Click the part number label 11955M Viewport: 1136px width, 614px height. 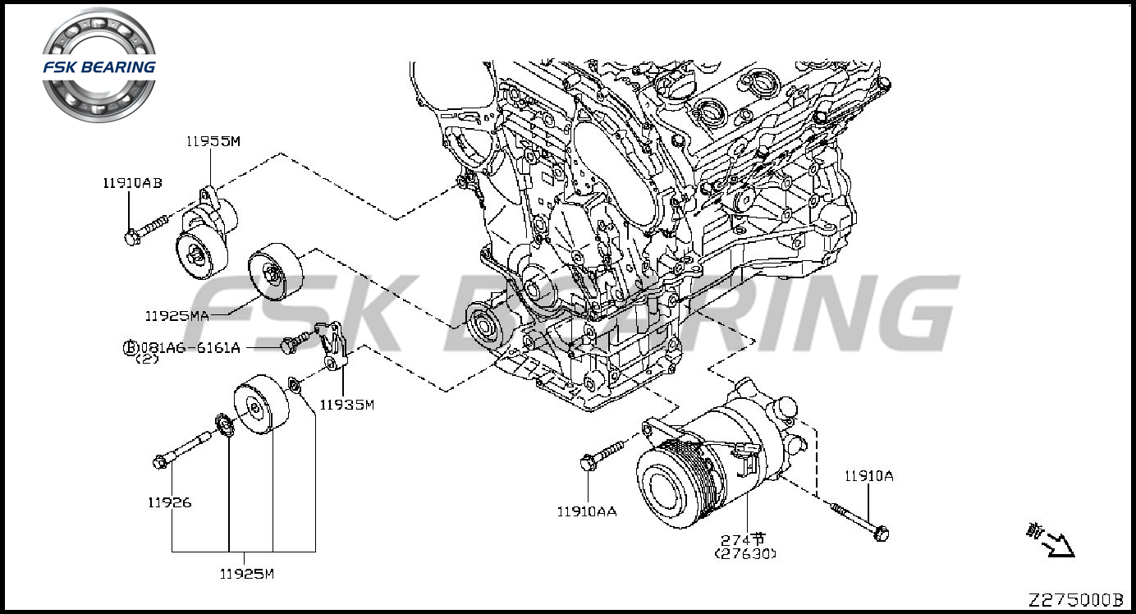pyautogui.click(x=213, y=141)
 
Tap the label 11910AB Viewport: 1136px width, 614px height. pyautogui.click(x=132, y=183)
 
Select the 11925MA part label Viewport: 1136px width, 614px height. pyautogui.click(x=176, y=315)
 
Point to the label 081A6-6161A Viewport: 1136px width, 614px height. pyautogui.click(x=190, y=347)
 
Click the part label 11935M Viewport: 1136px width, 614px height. pyautogui.click(x=346, y=404)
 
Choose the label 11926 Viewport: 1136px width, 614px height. pyautogui.click(x=169, y=502)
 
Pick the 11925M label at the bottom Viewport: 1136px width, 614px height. pyautogui.click(x=246, y=574)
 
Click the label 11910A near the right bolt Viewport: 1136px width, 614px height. pyautogui.click(x=869, y=475)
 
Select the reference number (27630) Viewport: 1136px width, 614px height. pyautogui.click(x=744, y=553)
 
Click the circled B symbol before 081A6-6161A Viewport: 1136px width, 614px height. pyautogui.click(x=130, y=348)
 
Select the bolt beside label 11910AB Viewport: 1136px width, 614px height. pyautogui.click(x=145, y=229)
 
